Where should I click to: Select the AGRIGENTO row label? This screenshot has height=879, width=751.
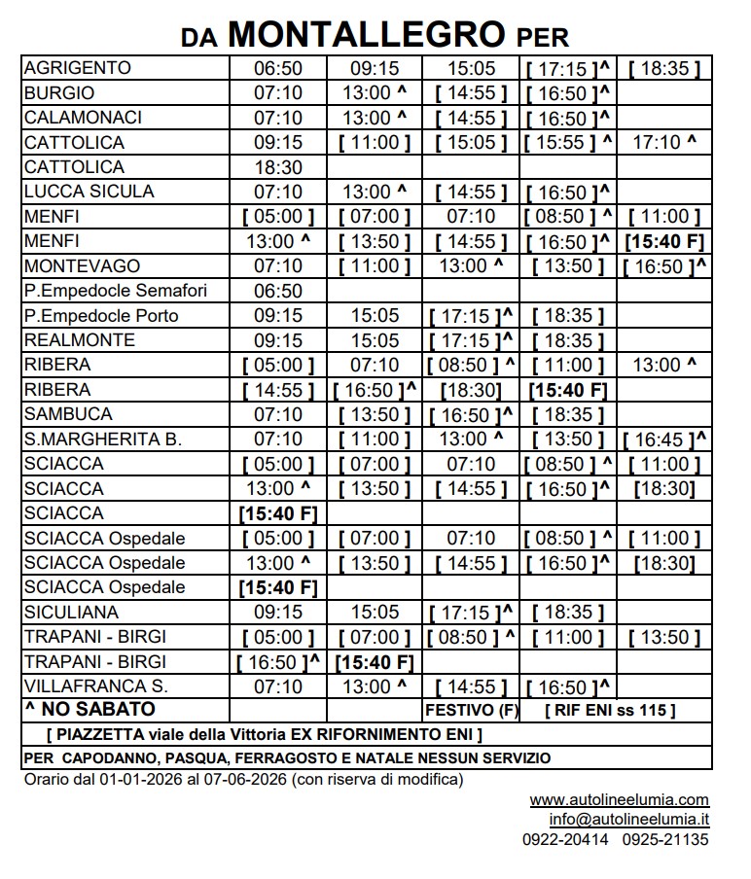coord(77,68)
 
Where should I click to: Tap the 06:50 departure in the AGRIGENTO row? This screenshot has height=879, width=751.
coord(278,69)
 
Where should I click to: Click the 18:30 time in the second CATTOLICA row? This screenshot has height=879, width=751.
coord(278,167)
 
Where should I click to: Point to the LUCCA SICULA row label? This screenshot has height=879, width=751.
coord(89,192)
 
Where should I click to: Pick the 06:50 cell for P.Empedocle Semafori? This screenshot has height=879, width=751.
coord(278,291)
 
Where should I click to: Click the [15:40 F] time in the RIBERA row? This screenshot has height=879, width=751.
coord(568,390)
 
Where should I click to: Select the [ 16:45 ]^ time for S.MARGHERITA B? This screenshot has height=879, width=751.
coord(665,439)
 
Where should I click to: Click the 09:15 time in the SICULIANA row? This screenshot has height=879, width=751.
coord(278,613)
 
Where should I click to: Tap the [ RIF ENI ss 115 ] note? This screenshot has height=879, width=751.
coord(612,711)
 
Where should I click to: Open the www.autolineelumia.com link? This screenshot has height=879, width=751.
coord(619,800)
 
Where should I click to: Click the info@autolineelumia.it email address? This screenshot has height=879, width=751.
coord(628,820)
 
